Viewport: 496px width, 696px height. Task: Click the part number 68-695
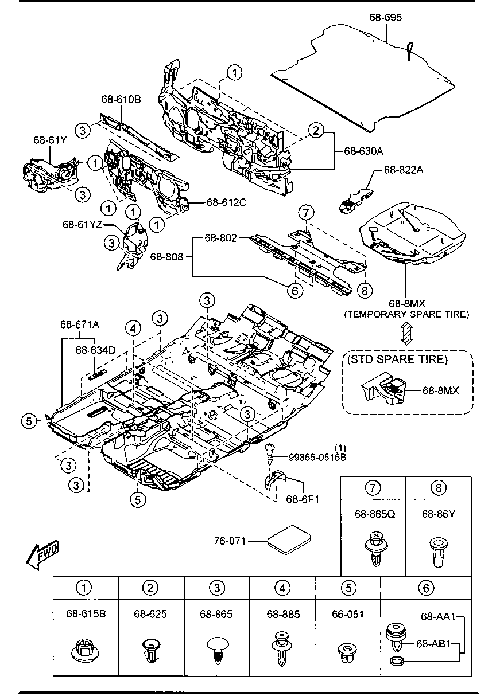385,17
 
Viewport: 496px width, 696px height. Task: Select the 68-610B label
121,99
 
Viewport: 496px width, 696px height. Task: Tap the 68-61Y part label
50,140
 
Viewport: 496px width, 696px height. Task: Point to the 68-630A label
364,151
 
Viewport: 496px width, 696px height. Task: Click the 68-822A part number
404,170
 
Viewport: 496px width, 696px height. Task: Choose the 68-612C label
226,202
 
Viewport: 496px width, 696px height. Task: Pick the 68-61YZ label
83,224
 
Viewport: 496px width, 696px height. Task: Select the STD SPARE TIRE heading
397,359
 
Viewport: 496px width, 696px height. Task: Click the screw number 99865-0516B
317,458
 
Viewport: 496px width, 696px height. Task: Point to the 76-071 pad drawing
290,540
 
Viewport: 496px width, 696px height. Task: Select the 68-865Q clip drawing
375,549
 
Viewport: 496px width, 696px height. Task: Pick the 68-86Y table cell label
439,514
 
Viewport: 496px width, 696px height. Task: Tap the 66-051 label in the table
348,614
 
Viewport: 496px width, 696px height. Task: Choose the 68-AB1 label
433,644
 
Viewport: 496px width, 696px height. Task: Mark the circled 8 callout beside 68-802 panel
365,291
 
